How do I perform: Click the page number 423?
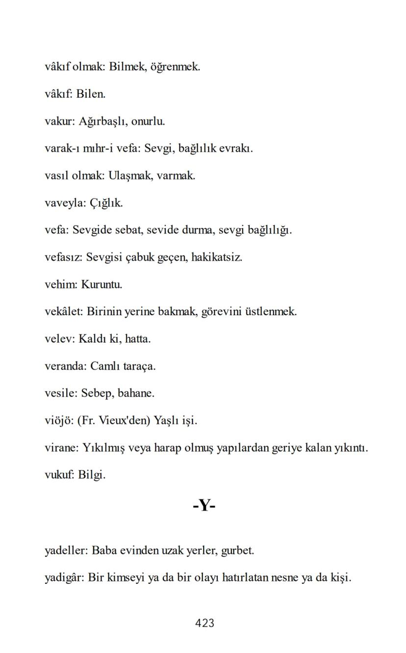(x=204, y=623)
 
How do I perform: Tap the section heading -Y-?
(x=204, y=505)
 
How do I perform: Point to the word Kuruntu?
(x=101, y=284)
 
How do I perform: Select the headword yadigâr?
(x=64, y=578)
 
